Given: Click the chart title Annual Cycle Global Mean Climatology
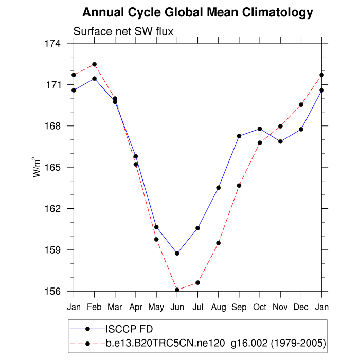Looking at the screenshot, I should pos(197,12).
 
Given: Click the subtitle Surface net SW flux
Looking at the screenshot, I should pos(123,31).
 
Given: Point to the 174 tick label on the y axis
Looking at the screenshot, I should pos(53,44).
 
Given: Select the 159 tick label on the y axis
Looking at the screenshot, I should pos(53,250).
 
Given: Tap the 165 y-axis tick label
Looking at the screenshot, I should pos(53,168).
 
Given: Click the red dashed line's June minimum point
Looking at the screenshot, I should pos(177,290).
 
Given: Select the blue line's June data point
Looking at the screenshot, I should pos(177,254).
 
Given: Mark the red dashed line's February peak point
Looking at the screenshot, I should pos(94,64).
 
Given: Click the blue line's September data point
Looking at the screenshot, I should pos(239,136).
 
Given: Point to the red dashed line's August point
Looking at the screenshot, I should pos(219,243).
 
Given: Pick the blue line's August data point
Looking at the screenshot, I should pos(219,188).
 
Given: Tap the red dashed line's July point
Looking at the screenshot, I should pos(198,283).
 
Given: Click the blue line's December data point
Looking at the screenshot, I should pos(301,129).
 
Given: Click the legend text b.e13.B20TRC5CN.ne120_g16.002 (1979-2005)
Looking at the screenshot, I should pos(215,343).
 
